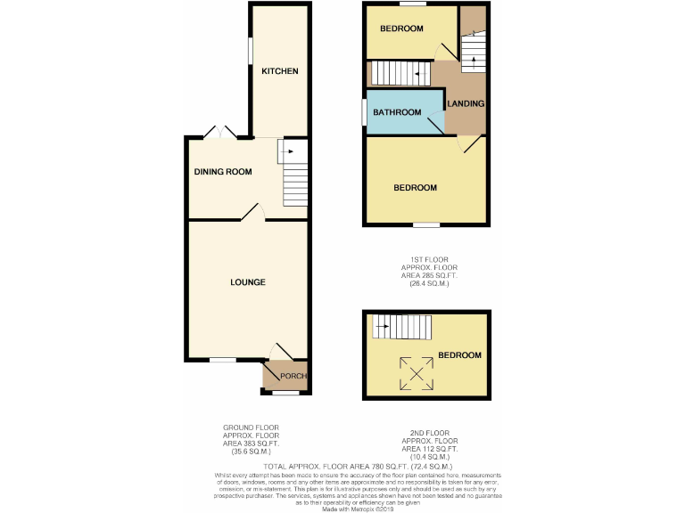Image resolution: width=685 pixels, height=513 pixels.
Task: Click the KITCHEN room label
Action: (279, 71)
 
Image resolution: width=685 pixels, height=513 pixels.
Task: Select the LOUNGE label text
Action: (247, 282)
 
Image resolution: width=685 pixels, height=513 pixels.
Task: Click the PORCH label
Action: (293, 376)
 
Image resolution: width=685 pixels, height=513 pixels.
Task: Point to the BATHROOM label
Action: (397, 112)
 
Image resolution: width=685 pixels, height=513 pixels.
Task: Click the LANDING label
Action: (466, 104)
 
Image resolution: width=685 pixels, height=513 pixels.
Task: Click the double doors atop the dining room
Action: (219, 133)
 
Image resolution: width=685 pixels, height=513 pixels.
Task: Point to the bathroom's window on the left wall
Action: (363, 112)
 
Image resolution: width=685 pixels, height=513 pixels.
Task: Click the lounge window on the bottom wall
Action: (222, 361)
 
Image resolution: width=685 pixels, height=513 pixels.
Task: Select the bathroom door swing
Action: (437, 125)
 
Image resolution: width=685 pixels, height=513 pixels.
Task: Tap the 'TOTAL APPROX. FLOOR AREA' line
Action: (359, 466)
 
